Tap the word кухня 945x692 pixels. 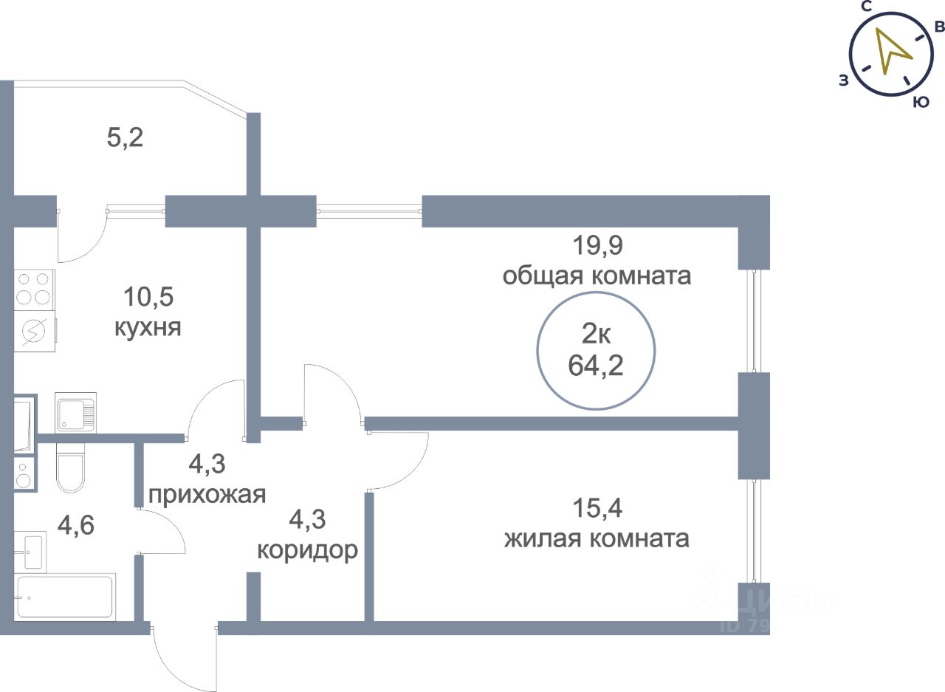tap(148, 326)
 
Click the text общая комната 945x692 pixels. tap(597, 276)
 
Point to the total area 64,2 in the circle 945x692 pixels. tap(596, 366)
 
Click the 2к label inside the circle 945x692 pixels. tap(596, 335)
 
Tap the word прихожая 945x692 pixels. tap(207, 494)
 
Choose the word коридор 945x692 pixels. tap(307, 550)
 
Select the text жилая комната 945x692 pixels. tap(597, 538)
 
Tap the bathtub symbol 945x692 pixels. tap(65, 597)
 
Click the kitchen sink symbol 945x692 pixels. tap(75, 412)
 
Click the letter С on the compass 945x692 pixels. tap(868, 7)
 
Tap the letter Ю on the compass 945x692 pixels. tap(920, 103)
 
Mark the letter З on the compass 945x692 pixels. tap(843, 81)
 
